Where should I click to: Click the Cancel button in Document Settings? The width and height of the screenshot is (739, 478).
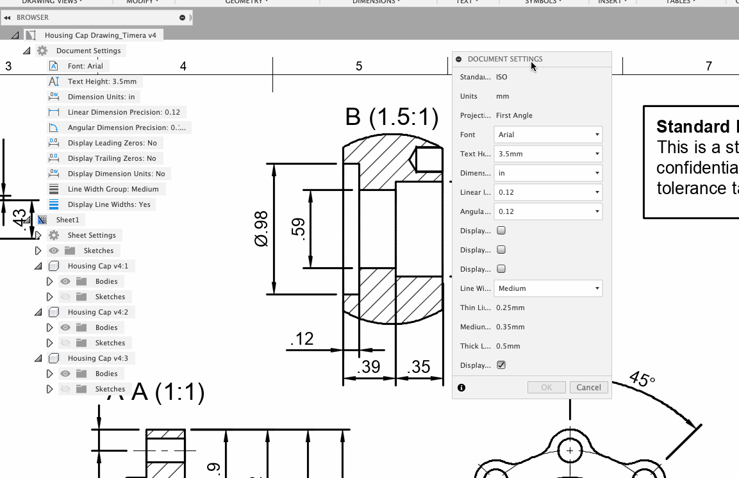coord(588,387)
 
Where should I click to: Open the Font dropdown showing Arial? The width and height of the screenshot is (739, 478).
coord(548,135)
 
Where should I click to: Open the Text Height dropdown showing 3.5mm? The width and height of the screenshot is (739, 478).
coord(548,154)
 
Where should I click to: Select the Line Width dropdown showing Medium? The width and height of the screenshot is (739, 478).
coord(548,288)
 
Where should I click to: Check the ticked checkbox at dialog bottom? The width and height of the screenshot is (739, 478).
coord(501,365)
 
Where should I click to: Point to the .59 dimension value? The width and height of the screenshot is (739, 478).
coord(298,228)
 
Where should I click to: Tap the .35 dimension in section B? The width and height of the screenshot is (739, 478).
coord(419,367)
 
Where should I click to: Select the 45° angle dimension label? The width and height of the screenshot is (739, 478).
coord(642,379)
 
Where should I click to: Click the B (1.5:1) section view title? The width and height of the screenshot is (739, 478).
coord(392,117)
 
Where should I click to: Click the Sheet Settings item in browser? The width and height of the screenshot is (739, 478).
coord(92,235)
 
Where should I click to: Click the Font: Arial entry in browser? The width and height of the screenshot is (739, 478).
coord(85,66)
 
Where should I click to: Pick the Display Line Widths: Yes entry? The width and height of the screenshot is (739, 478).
coord(109,204)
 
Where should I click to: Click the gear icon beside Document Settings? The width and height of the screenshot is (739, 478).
coord(42,51)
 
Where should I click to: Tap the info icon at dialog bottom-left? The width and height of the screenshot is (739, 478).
coord(461,388)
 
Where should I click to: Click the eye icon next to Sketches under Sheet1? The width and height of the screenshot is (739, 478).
coord(54,251)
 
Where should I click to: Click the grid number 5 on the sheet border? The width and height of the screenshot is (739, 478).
coord(359,66)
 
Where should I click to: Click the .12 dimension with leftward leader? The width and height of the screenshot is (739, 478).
coord(301,338)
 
